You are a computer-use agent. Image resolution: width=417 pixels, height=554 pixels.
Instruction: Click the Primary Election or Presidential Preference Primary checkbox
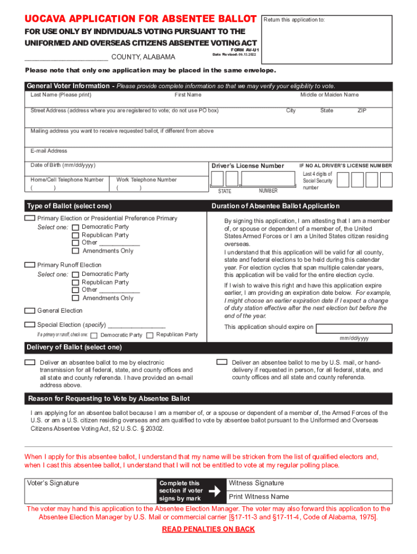tap(30, 218)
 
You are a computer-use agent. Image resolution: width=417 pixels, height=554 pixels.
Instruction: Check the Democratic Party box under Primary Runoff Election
tap(76, 274)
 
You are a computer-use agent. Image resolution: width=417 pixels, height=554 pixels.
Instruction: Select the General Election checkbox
tap(30, 311)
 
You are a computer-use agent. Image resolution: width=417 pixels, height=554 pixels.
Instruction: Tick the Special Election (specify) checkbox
tap(30, 325)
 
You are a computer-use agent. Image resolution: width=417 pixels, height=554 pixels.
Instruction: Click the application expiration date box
tap(354, 328)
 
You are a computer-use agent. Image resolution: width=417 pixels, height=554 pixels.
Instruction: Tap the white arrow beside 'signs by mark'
tap(215, 491)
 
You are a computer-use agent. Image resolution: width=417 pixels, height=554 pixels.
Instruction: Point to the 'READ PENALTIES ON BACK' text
tap(208, 529)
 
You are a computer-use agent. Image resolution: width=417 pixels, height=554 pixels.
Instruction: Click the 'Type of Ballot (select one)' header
tap(69, 206)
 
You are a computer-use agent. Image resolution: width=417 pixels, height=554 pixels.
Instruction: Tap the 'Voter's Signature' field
tap(90, 490)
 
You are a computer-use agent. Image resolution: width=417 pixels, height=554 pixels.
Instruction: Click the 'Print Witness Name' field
tap(309, 497)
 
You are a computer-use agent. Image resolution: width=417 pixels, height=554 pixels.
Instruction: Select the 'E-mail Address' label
tap(49, 151)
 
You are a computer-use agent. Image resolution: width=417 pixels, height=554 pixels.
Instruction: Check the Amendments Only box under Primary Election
tap(76, 251)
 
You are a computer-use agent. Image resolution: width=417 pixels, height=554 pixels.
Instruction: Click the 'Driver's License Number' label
tap(247, 166)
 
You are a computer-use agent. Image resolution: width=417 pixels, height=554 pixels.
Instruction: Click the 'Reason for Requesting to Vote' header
tap(109, 399)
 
